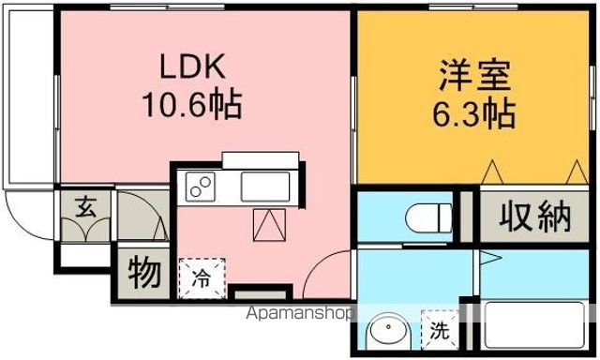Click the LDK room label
tap(194, 67)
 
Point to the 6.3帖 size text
tap(471, 113)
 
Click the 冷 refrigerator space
tap(202, 277)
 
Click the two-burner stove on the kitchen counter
tap(201, 187)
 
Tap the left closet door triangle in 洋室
tap(494, 172)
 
